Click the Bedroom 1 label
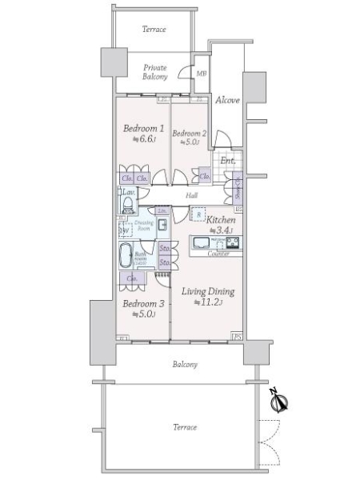click(x=144, y=128)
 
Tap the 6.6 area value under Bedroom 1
click(x=144, y=138)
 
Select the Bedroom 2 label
click(x=189, y=133)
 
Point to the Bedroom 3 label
click(x=144, y=303)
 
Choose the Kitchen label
click(x=220, y=219)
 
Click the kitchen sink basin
click(x=201, y=242)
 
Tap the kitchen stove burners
click(x=233, y=243)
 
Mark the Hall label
click(x=192, y=196)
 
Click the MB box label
click(x=202, y=74)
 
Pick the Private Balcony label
click(x=155, y=72)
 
